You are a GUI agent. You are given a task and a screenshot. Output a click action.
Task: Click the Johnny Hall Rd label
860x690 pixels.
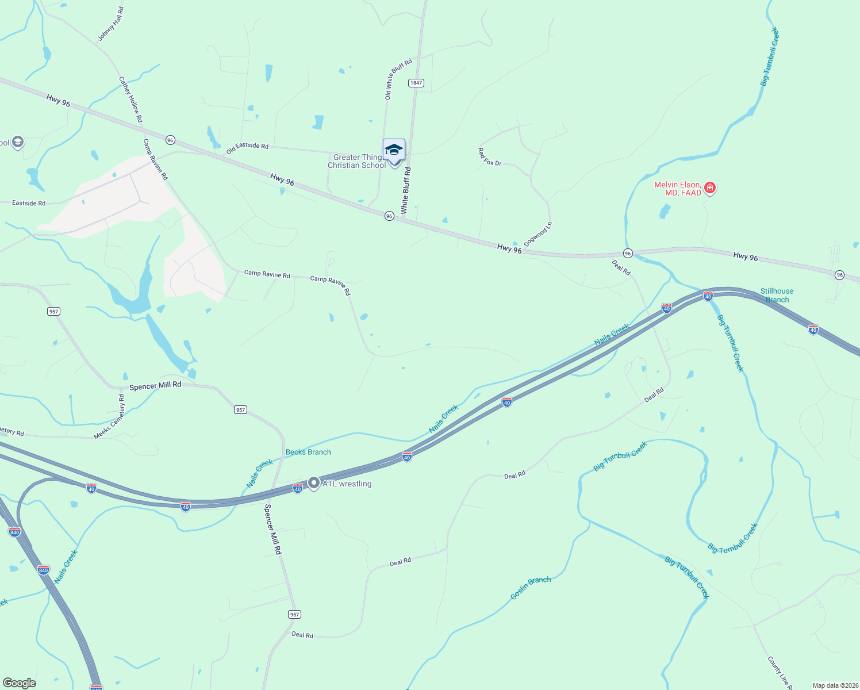[x=110, y=24]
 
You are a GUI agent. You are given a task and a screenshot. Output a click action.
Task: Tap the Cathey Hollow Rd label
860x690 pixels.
[x=130, y=99]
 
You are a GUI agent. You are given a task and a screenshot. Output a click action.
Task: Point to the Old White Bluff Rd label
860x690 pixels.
[x=398, y=79]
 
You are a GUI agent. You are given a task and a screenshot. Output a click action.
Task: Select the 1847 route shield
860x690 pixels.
[x=416, y=83]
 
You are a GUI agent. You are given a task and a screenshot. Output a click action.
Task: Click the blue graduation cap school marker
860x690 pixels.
[x=394, y=151]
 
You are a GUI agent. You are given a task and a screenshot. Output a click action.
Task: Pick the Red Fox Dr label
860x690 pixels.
[x=490, y=157]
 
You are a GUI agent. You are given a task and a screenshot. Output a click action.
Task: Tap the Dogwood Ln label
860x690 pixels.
[x=538, y=234]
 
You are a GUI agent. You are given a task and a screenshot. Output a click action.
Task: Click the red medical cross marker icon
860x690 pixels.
[x=710, y=188]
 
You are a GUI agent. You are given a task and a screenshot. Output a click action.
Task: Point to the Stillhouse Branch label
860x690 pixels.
[x=777, y=295]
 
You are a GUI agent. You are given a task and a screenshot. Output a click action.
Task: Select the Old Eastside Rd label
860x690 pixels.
[x=247, y=148]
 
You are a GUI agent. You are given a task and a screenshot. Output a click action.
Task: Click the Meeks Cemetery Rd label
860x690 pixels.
[x=109, y=416]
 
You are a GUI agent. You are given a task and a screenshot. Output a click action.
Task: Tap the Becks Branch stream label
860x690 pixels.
[x=308, y=452]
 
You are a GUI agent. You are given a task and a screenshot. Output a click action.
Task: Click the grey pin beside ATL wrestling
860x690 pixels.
[x=313, y=483]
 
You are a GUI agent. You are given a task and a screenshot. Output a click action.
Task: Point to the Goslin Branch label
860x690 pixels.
[x=531, y=588]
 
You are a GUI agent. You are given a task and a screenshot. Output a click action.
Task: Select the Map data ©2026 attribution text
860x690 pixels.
[x=835, y=685]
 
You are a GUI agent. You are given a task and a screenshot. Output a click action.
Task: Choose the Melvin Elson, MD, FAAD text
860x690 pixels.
[x=678, y=189]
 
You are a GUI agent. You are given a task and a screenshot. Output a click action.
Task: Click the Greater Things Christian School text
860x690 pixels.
[x=357, y=161]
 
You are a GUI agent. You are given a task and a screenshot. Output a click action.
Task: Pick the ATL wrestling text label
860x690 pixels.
[x=347, y=484]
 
